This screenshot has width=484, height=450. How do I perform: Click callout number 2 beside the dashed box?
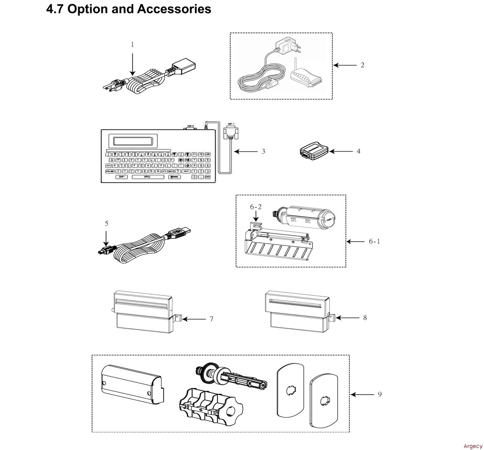pyautogui.click(x=362, y=65)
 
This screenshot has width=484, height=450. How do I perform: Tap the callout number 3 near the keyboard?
pyautogui.click(x=263, y=151)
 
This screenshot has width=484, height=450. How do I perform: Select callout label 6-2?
pyautogui.click(x=256, y=207)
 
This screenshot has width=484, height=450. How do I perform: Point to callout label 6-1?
pyautogui.click(x=374, y=241)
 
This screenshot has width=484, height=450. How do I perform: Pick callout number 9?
pyautogui.click(x=380, y=394)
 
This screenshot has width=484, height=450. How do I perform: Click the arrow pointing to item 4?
pyautogui.click(x=341, y=151)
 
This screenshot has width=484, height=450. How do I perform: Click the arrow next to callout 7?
pyautogui.click(x=194, y=319)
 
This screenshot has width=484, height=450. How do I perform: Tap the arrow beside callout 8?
pyautogui.click(x=347, y=318)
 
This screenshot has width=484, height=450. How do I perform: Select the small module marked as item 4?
pyautogui.click(x=315, y=151)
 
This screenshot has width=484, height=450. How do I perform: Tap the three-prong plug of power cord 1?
pyautogui.click(x=113, y=85)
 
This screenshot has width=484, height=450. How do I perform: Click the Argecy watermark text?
pyautogui.click(x=473, y=446)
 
